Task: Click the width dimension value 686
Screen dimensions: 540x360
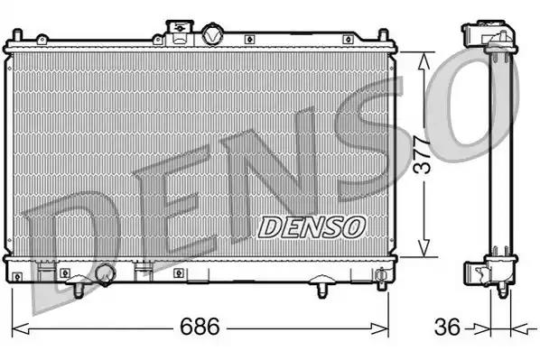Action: pyautogui.click(x=200, y=327)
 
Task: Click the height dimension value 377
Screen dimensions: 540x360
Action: pyautogui.click(x=423, y=154)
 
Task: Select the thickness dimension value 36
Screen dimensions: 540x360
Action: pyautogui.click(x=447, y=327)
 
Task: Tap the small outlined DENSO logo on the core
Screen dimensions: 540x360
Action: pyautogui.click(x=312, y=227)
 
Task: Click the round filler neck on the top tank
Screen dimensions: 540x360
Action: pyautogui.click(x=212, y=33)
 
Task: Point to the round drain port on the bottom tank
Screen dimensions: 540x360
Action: pyautogui.click(x=106, y=274)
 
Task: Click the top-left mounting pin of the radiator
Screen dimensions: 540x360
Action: pyautogui.click(x=17, y=36)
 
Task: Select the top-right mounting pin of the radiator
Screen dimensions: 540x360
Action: pyautogui.click(x=383, y=36)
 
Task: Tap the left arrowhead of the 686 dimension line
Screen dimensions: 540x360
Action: pyautogui.click(x=21, y=329)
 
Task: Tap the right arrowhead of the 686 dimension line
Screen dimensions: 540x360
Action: pyautogui.click(x=379, y=329)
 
